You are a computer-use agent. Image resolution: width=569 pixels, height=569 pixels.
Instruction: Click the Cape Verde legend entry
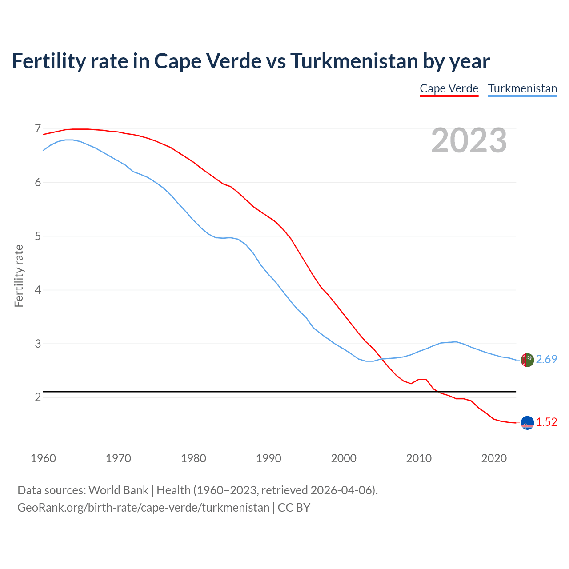[449, 88]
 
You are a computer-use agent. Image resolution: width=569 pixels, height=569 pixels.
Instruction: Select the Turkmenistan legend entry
[522, 88]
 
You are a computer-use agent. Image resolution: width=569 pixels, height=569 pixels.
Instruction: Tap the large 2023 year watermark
[469, 140]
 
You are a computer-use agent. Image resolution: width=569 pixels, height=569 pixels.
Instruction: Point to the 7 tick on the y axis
[38, 129]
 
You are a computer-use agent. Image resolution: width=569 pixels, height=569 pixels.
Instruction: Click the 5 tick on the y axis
[38, 236]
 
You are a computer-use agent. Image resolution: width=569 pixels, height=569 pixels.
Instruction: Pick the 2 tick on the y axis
[38, 397]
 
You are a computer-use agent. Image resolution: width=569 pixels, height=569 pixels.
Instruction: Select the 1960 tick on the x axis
[43, 458]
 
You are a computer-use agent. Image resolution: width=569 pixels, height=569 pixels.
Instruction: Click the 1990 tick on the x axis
[268, 458]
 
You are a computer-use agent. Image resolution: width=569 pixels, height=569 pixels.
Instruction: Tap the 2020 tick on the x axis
[494, 458]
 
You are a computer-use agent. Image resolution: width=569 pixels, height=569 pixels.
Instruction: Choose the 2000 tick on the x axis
[344, 458]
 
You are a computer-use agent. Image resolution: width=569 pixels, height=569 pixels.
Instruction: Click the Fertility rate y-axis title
[19, 276]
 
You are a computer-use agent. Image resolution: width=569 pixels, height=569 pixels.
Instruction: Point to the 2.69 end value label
[546, 359]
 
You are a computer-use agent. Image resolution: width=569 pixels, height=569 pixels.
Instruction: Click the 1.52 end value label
[546, 422]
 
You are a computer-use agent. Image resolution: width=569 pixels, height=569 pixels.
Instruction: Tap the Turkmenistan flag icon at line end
[527, 360]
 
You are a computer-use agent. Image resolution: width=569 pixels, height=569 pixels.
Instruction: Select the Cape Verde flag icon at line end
[527, 423]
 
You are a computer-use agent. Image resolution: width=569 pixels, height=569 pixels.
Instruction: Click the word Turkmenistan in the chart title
[354, 61]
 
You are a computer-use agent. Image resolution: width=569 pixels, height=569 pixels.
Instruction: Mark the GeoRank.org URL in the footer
[143, 507]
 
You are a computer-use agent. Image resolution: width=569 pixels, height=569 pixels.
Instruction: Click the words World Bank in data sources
[118, 490]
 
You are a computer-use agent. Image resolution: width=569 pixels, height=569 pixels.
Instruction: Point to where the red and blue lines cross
[381, 359]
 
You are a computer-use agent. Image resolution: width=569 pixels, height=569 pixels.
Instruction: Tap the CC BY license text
[294, 507]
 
